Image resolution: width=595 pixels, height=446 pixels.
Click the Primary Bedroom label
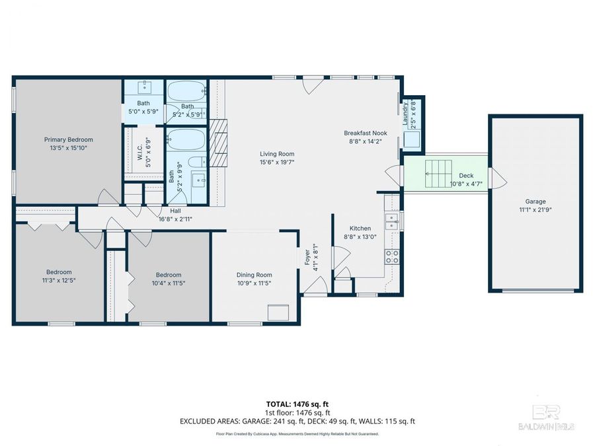click(68, 139)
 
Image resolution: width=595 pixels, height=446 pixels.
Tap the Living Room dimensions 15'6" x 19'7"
click(276, 162)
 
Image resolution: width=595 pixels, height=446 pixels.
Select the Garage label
click(535, 202)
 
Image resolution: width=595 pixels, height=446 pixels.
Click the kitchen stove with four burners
click(391, 256)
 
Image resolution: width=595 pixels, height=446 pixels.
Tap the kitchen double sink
click(392, 220)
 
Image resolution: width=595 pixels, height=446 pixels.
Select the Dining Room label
click(254, 275)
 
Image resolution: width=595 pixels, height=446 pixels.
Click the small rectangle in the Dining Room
click(278, 313)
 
